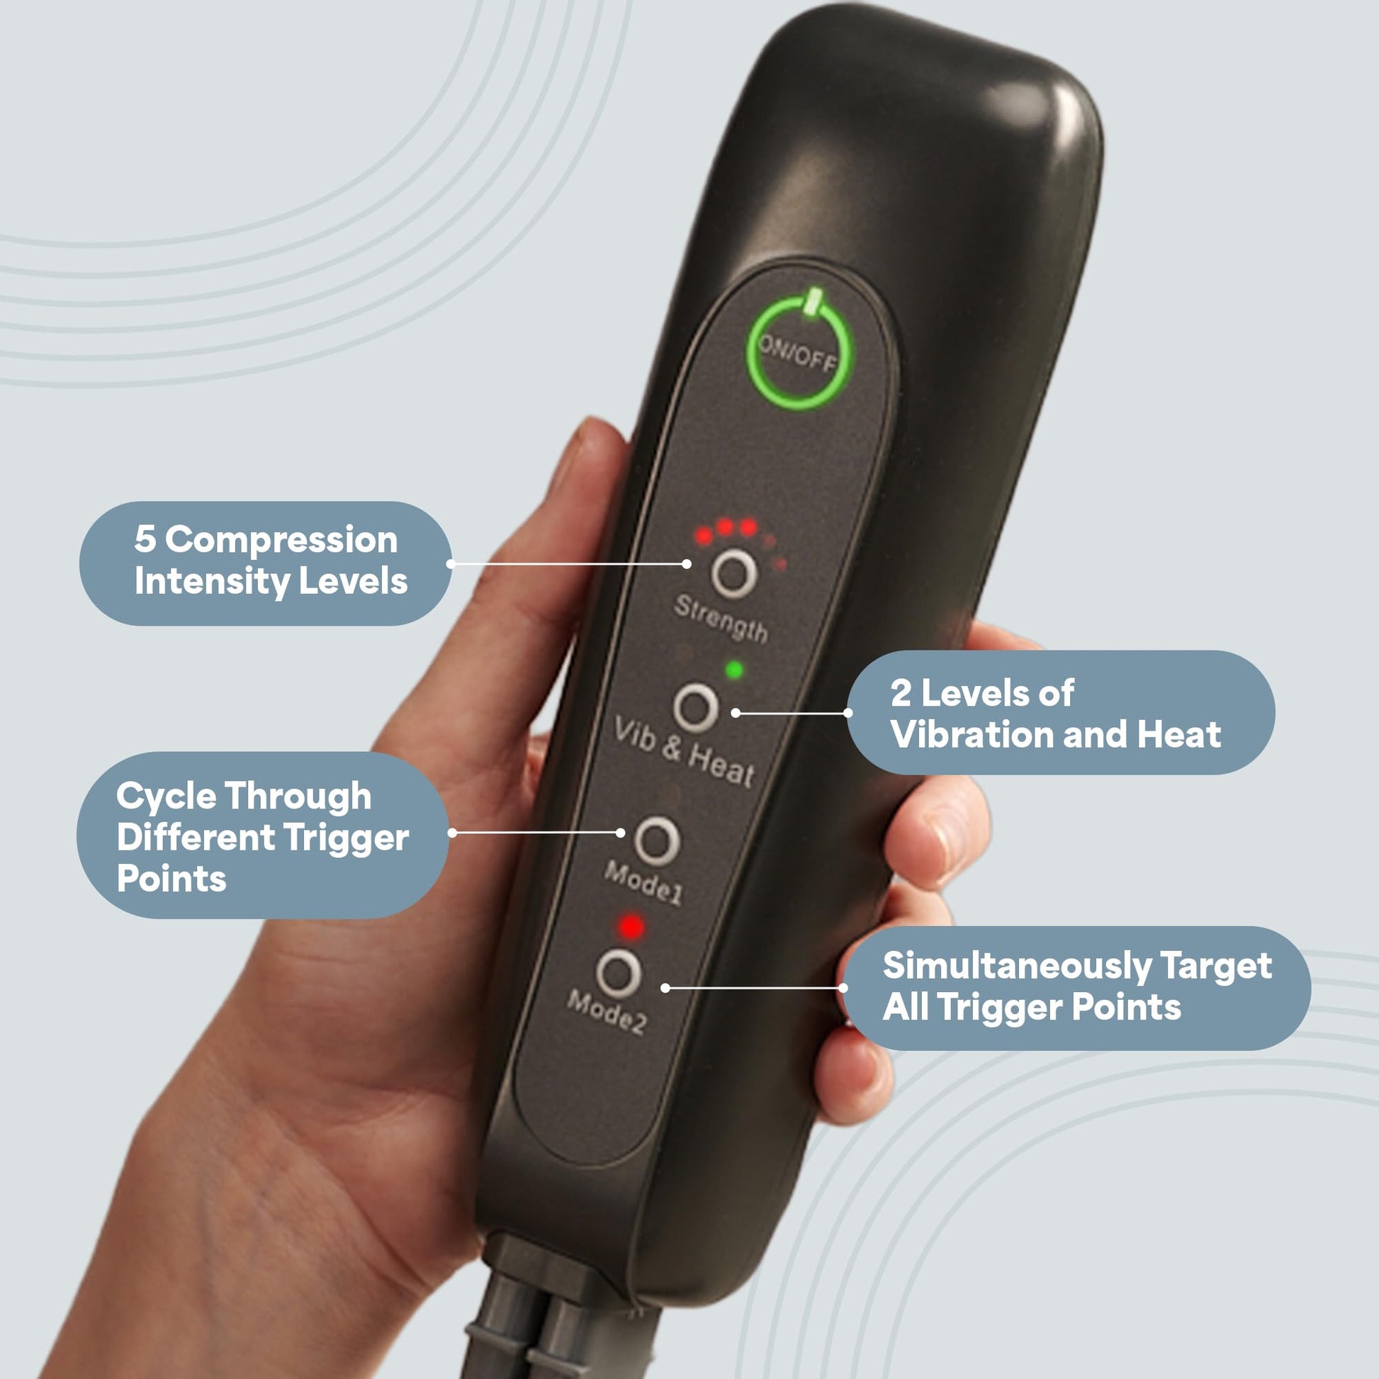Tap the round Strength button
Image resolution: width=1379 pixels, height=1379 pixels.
coord(733,573)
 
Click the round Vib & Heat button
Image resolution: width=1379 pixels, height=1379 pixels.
coord(695,707)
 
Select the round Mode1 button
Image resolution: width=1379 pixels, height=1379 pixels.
coord(657,840)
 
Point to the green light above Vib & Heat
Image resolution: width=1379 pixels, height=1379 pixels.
coord(733,670)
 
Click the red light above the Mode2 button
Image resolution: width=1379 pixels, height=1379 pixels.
coord(631,927)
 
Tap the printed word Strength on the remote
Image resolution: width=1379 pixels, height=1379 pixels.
coord(721,619)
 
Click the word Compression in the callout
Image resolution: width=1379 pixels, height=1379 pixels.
coord(282,539)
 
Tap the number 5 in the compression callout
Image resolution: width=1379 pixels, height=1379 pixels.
coord(145,539)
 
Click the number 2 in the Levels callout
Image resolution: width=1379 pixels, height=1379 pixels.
coord(901,693)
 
